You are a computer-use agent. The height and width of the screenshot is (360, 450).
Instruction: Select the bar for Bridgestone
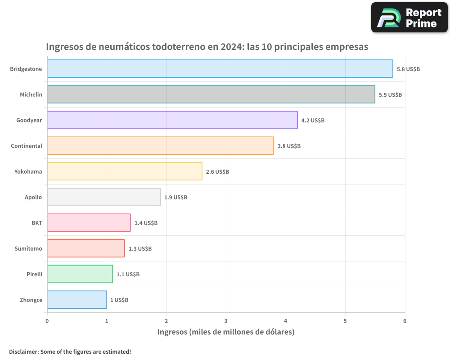coord(220,69)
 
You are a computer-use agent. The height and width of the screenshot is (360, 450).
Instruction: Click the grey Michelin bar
coord(211,94)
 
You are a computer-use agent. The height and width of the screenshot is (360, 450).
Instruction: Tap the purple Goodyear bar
coord(172,120)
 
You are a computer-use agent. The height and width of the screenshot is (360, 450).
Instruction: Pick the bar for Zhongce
coord(76,300)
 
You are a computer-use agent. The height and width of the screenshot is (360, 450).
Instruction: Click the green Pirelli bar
coord(80,274)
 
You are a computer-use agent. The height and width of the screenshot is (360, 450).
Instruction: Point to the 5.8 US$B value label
coord(408,69)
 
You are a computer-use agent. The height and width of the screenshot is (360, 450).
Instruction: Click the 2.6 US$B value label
coord(217,172)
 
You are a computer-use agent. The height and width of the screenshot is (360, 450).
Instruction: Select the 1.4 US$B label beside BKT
coord(146,223)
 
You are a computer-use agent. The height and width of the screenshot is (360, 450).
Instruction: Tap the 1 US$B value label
coord(119,300)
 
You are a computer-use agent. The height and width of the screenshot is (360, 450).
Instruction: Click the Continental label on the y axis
coord(27,146)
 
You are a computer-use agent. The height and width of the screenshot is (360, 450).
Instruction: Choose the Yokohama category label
coord(28,171)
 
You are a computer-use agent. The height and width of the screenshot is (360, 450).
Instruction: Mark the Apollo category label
coord(33,197)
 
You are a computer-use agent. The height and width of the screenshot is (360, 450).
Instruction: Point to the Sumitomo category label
coord(28,248)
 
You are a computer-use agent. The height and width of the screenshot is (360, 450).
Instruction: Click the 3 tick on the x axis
coord(226,321)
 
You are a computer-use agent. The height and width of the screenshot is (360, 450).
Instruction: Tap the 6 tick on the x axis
coord(405,321)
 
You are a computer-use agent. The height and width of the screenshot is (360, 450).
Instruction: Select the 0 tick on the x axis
coord(47,321)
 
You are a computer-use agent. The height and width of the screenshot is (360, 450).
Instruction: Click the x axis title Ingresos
coord(226,332)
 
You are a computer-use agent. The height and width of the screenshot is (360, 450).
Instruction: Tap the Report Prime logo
coord(409,18)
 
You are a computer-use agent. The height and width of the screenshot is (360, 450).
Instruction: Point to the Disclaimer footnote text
coord(70,351)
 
